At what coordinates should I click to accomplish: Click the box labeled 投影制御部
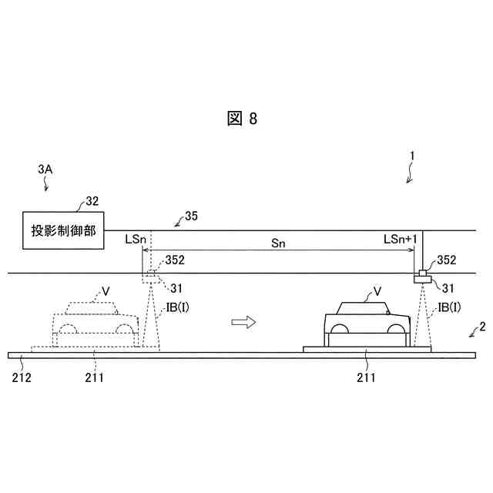pos(65,230)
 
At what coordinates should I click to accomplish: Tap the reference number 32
pos(92,202)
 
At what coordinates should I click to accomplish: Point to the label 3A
pos(45,167)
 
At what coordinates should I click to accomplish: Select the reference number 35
pos(191,216)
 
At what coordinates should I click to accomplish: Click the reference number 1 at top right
pos(412,155)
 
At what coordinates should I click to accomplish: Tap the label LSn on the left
pos(135,240)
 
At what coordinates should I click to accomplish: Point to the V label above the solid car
pos(377,291)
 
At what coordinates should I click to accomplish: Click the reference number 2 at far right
pos(482,326)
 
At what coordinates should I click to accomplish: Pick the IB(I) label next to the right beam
pos(449,307)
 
